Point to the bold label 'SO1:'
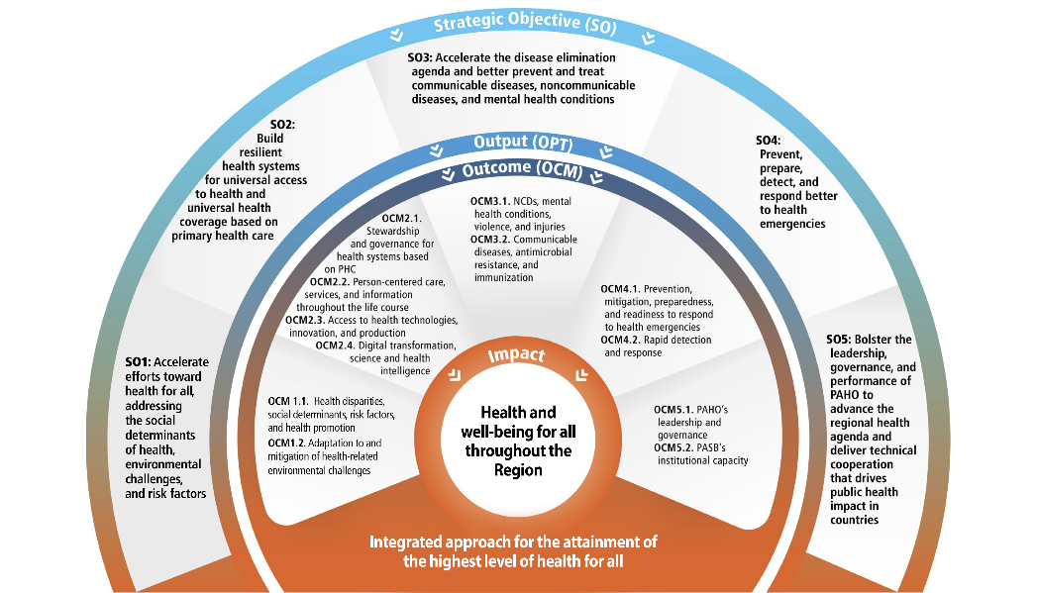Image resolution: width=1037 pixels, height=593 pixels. [x=138, y=363]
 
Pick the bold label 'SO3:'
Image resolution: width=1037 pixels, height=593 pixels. [x=424, y=58]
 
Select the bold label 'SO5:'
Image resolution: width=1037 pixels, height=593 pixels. [x=843, y=340]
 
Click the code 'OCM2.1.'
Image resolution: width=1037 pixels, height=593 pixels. [x=402, y=219]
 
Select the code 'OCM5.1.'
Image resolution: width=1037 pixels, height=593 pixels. [x=674, y=410]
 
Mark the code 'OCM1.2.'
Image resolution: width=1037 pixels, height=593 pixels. [x=287, y=443]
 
